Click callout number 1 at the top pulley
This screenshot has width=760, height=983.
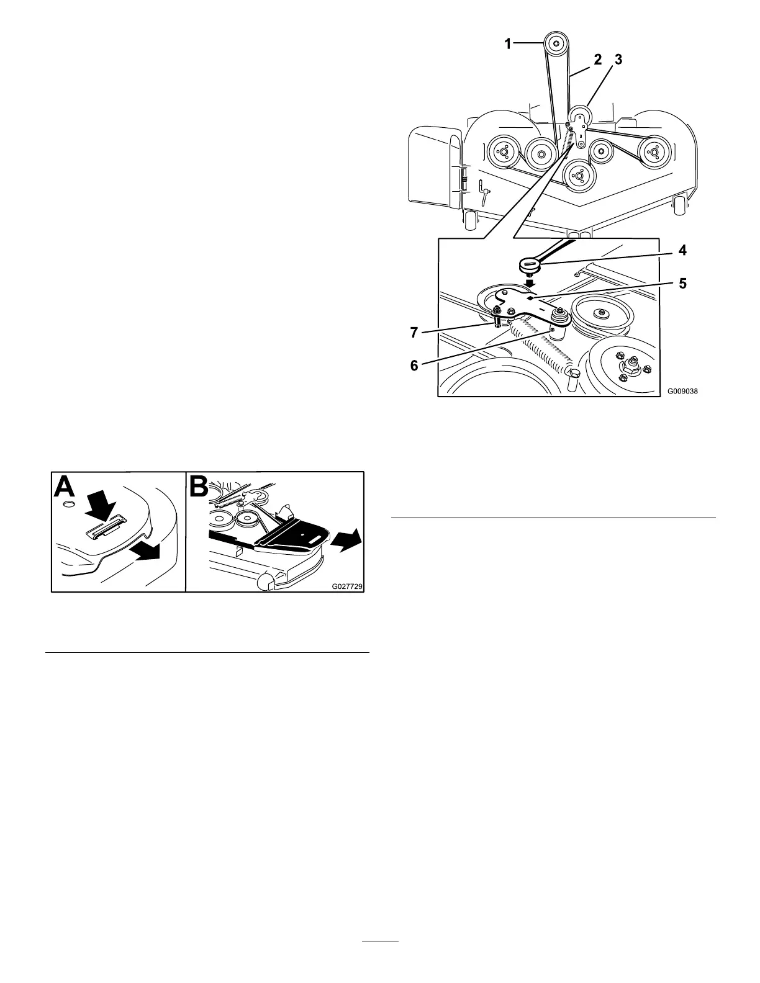pos(508,44)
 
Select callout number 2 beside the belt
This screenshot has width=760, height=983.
pos(597,60)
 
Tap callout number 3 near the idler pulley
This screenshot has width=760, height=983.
pos(617,60)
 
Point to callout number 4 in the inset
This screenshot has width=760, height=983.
pos(682,252)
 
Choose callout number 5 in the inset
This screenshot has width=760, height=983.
pos(682,284)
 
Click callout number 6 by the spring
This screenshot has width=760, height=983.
pos(414,365)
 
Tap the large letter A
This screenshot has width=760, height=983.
pos(67,488)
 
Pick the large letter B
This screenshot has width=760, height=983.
pos(202,488)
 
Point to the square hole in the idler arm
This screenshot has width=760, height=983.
pos(529,298)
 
